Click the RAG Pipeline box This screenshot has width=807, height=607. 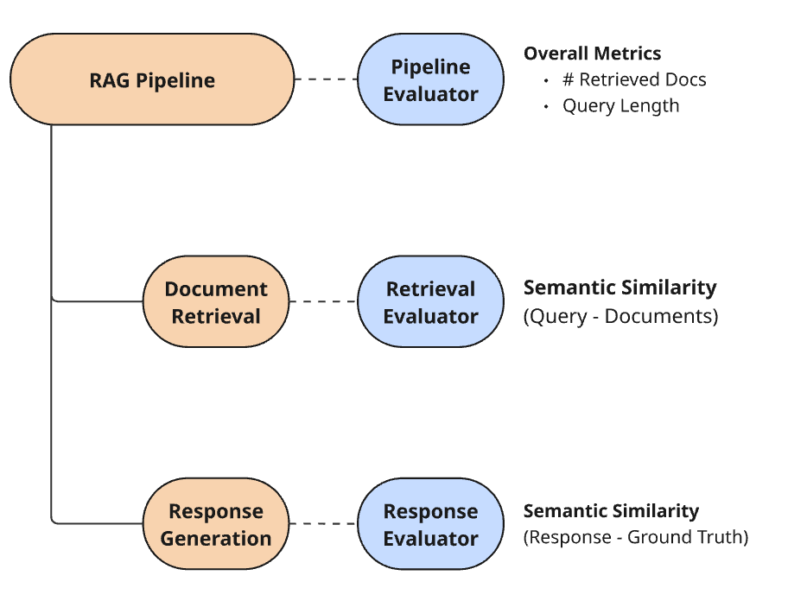coord(152,79)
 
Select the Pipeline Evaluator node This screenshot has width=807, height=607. coord(431,79)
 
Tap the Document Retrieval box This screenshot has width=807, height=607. coord(216,301)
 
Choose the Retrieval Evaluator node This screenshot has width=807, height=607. coord(431,301)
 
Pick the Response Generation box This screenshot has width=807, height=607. coord(216,523)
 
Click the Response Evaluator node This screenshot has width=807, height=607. coord(431,523)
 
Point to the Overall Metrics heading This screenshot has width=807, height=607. coord(593,53)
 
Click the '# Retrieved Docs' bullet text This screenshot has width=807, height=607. coord(634,79)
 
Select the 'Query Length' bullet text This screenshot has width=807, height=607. coord(620,106)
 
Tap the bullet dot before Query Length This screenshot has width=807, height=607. coord(546,106)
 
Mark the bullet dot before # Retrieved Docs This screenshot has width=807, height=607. coord(546,80)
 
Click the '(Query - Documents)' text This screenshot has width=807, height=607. coord(620,316)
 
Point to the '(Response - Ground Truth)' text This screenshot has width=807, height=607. coord(636,537)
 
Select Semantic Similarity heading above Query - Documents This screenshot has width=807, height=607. coord(620,288)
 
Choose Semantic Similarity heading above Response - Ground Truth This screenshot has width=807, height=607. coord(612,511)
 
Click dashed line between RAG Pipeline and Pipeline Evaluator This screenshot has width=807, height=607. coord(327,79)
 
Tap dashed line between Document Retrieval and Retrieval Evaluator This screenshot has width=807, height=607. coord(323,301)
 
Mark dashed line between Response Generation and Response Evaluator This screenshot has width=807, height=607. coord(323,523)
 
